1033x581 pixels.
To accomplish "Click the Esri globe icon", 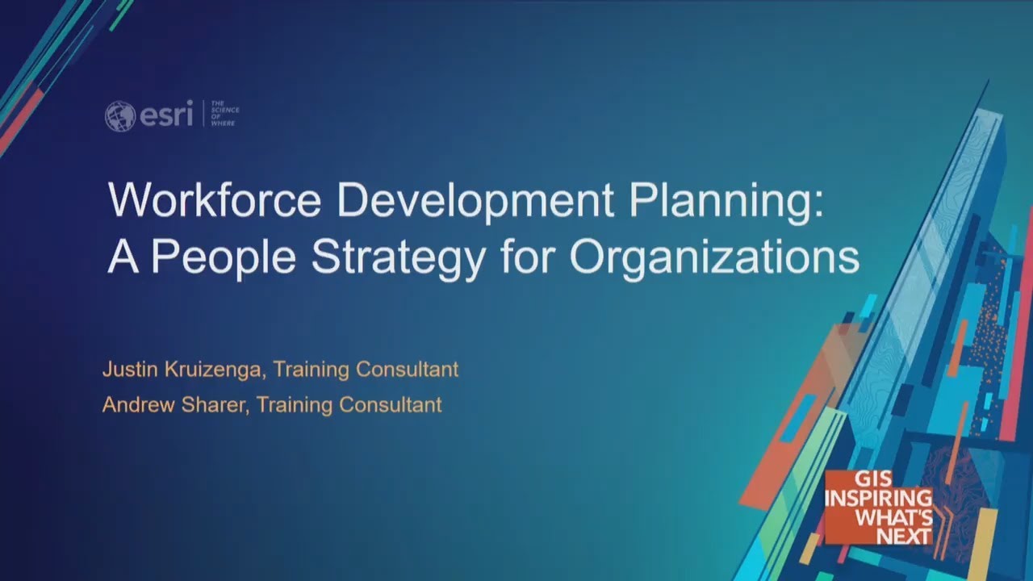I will point(119,116).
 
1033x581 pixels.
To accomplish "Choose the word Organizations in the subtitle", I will point(714,257).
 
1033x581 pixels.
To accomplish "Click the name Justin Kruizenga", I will point(182,370).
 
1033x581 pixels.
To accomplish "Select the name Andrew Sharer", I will point(174,404).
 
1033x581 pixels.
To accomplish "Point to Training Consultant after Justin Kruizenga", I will point(366,370).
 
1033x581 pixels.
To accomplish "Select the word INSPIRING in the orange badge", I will point(878,499).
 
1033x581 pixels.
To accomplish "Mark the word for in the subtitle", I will point(527,257).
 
